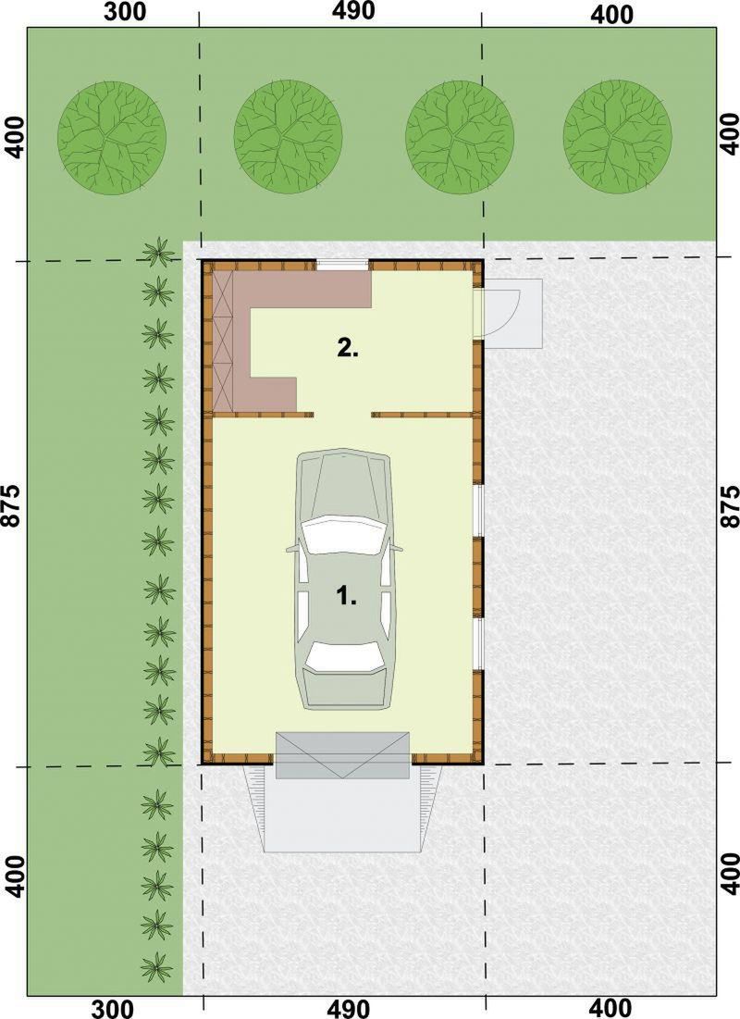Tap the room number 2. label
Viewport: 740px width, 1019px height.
[348, 348]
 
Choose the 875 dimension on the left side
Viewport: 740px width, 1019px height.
[14, 507]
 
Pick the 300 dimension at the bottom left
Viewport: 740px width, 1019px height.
[113, 1009]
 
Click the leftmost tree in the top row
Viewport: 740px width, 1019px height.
[112, 136]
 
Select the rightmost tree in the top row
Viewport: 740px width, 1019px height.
[617, 136]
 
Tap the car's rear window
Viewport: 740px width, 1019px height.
[343, 656]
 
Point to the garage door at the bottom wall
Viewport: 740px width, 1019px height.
[343, 755]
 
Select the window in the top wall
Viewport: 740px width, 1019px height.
[342, 265]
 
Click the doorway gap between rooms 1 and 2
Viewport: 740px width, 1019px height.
[342, 414]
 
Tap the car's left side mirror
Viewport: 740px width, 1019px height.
[292, 549]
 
